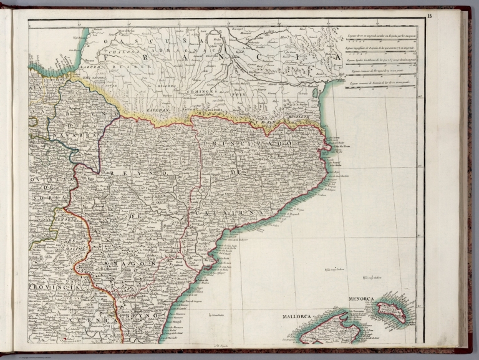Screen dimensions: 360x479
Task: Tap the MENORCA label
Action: point(362,299)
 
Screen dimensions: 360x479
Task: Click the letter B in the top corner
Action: point(447,16)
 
